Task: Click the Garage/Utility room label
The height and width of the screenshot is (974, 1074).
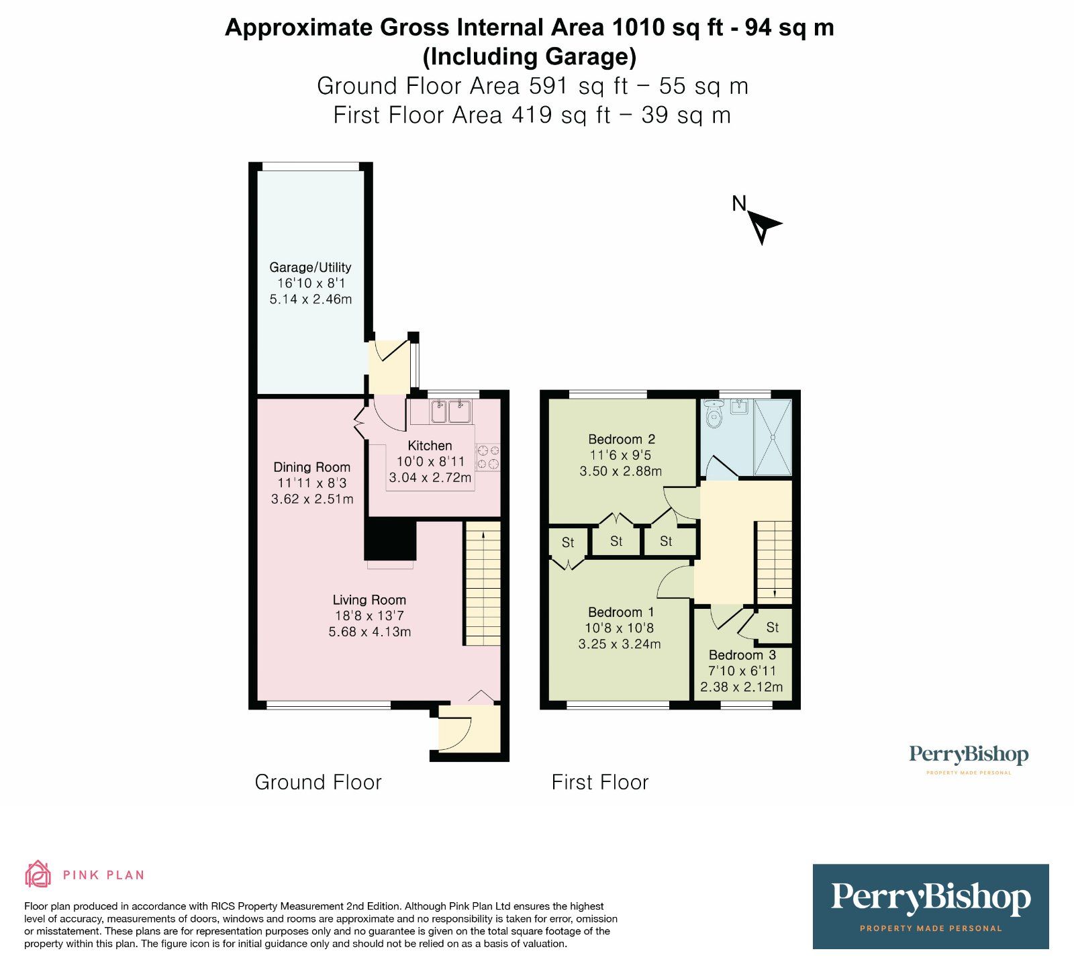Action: [310, 267]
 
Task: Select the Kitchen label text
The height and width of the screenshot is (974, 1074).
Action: [430, 446]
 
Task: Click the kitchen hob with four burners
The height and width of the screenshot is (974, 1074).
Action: [488, 457]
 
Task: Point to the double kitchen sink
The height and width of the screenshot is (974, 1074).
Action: [450, 411]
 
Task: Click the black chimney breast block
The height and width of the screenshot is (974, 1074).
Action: [390, 540]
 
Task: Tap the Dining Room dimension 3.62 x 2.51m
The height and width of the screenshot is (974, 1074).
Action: [312, 499]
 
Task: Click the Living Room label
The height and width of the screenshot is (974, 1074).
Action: [369, 600]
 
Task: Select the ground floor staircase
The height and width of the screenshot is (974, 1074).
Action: [483, 584]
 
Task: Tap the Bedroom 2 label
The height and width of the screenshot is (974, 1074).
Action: [622, 440]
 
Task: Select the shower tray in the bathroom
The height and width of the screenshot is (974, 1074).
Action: [773, 438]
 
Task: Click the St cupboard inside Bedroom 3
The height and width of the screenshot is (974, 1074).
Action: [772, 628]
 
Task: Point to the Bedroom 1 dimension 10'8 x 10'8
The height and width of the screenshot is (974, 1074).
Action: [619, 628]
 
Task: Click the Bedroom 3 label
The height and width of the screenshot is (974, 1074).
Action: [742, 655]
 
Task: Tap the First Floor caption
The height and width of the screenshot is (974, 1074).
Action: [600, 783]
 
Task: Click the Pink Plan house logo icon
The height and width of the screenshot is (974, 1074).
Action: [38, 874]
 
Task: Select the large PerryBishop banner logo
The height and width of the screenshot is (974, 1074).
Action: [930, 906]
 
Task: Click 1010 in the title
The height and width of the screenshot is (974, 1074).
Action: [636, 28]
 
